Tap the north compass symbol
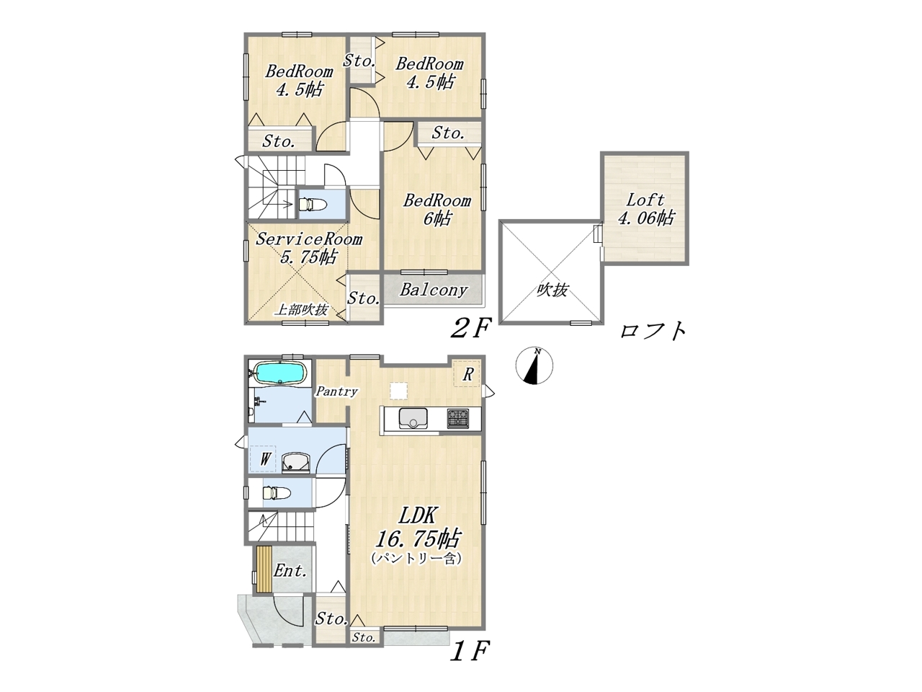534,365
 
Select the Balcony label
434,290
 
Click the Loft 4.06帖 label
645,209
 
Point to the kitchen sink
413,418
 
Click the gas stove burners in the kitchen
458,419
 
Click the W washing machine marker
264,459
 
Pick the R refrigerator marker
467,373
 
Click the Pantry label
336,391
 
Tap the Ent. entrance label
290,571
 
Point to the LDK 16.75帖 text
419,527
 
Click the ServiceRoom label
309,239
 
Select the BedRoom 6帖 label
437,209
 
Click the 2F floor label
470,329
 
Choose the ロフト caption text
653,331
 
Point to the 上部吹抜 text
302,310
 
